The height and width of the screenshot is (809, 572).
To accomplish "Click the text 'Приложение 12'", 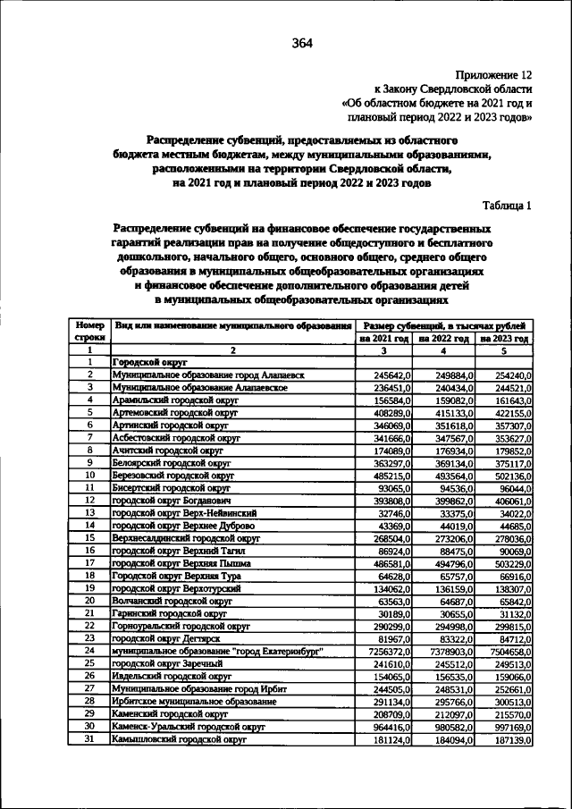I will tap(494, 76).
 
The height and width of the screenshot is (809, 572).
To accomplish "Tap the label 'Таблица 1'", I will tap(507, 205).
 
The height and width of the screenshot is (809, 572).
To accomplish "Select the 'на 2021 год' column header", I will tap(383, 340).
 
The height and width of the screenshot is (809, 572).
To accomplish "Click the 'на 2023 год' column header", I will tap(504, 340).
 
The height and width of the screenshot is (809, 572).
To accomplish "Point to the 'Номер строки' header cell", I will tap(89, 333).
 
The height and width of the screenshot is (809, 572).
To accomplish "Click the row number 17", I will tap(89, 563).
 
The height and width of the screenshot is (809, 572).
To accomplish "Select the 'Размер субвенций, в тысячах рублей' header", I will tap(444, 326).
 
